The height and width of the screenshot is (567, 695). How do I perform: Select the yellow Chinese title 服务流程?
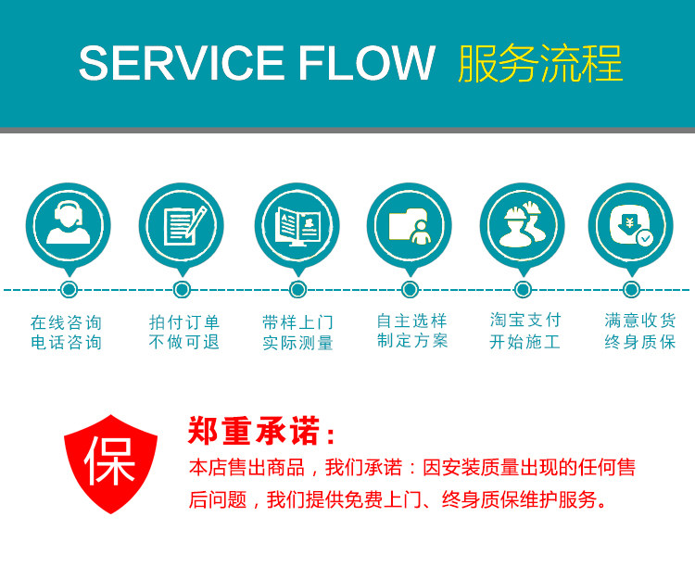[x=540, y=64]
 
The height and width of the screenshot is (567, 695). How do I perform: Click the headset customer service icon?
[x=68, y=225]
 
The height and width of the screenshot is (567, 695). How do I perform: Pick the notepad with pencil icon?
[x=182, y=225]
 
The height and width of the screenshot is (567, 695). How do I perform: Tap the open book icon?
[x=297, y=225]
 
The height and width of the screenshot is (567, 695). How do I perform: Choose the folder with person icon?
[x=410, y=225]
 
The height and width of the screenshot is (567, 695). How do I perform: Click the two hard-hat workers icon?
[x=523, y=225]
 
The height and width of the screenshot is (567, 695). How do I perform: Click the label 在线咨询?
[x=66, y=322]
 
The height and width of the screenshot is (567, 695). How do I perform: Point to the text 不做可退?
[x=183, y=342]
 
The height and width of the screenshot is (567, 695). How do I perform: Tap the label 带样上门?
[x=297, y=322]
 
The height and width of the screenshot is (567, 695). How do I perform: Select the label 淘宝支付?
[x=525, y=320]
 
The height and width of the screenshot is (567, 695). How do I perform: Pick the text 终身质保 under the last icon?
[x=639, y=342]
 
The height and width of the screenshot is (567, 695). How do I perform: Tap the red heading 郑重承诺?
[x=262, y=432]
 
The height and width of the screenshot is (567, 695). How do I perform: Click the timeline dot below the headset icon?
[x=69, y=290]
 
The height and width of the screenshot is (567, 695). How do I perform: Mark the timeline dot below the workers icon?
[x=523, y=290]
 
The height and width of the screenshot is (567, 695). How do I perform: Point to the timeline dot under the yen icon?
[x=631, y=290]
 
